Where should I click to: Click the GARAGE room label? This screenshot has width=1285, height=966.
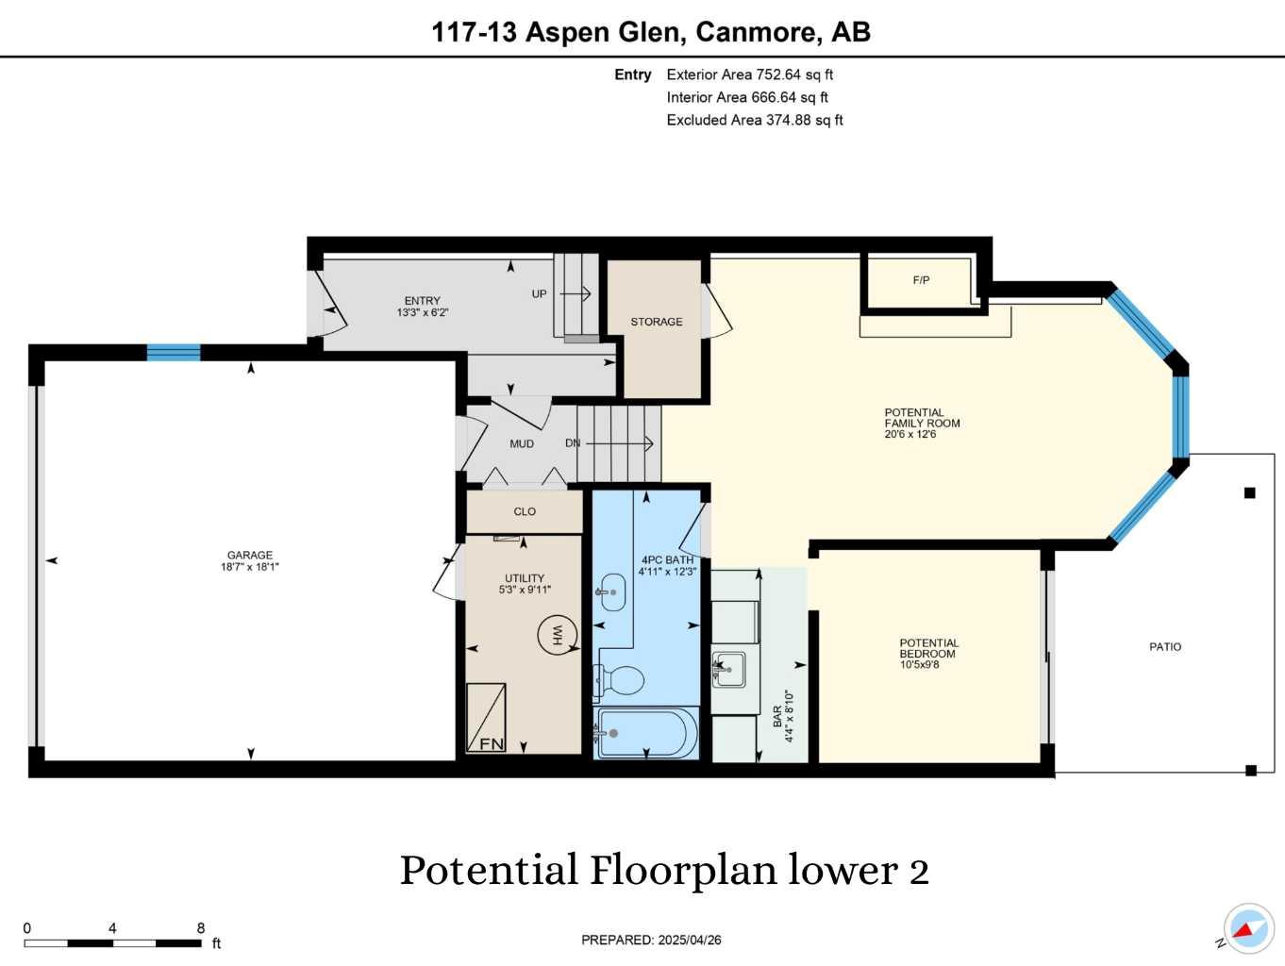tap(249, 556)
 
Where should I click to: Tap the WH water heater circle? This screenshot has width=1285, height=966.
tap(557, 635)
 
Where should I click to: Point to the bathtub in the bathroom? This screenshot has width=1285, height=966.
tap(646, 733)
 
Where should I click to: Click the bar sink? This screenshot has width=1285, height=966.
tap(729, 669)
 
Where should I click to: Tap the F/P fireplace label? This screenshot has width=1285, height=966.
tap(921, 280)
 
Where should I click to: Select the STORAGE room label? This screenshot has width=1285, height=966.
tap(657, 322)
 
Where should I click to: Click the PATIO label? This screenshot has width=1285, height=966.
tap(1165, 647)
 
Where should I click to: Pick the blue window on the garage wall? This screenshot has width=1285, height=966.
tap(174, 353)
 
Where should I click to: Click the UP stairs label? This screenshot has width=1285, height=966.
tap(539, 293)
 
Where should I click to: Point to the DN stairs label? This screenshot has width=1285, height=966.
tap(573, 443)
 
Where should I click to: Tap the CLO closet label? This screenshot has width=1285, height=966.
tap(525, 511)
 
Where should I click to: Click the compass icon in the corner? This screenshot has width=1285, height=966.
tap(1248, 928)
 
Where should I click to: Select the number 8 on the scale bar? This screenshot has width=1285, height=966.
tap(201, 928)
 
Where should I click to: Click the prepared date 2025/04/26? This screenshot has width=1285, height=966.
tap(690, 940)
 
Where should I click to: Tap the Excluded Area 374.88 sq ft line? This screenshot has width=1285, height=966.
tap(754, 120)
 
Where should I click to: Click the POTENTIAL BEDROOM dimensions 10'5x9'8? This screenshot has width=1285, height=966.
tap(919, 665)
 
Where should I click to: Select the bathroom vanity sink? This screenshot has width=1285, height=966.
tap(612, 592)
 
